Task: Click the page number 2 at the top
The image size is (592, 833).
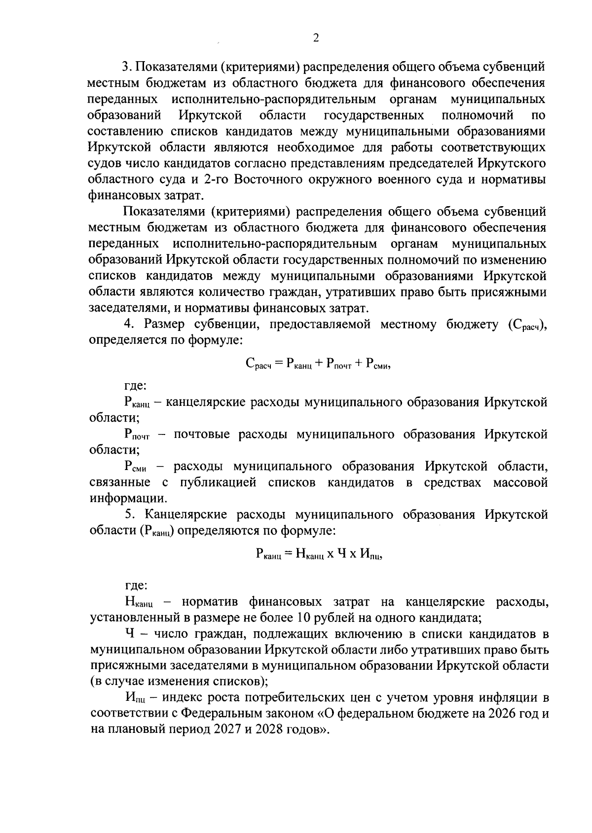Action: pyautogui.click(x=316, y=38)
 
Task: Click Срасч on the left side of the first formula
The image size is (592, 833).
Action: pyautogui.click(x=258, y=364)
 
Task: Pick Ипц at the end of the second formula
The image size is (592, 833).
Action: pyautogui.click(x=370, y=554)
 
